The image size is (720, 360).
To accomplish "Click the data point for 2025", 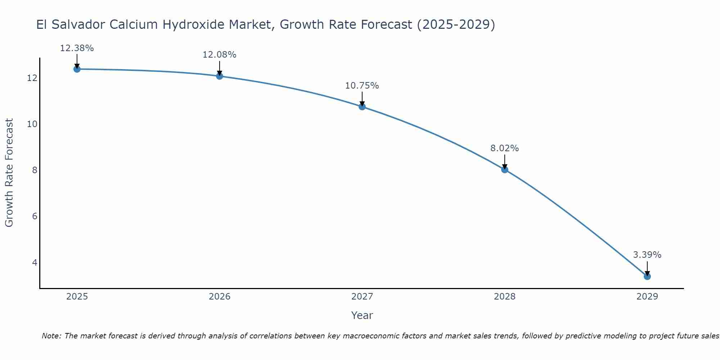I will pyautogui.click(x=77, y=69).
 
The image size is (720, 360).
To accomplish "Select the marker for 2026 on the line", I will pyautogui.click(x=220, y=76).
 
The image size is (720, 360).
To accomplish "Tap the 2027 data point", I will pyautogui.click(x=362, y=107).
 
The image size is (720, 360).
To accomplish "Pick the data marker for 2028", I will pyautogui.click(x=505, y=170).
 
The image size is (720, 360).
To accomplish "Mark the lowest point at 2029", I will pyautogui.click(x=647, y=276).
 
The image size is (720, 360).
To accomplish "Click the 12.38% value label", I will pyautogui.click(x=77, y=48).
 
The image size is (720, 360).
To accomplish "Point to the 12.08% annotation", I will pyautogui.click(x=219, y=55).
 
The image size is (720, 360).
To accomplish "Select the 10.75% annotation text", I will pyautogui.click(x=362, y=86).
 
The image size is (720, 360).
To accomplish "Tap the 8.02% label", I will pyautogui.click(x=504, y=148).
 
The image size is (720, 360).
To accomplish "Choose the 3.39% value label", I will pyautogui.click(x=647, y=255).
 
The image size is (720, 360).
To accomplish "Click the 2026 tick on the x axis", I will pyautogui.click(x=220, y=297).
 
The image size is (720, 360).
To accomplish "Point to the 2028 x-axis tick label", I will pyautogui.click(x=505, y=297).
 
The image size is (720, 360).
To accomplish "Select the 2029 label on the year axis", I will pyautogui.click(x=647, y=297).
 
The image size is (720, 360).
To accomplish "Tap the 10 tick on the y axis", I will pyautogui.click(x=32, y=124).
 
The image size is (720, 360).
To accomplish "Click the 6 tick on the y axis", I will pyautogui.click(x=35, y=216).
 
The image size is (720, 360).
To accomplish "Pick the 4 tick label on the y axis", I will pyautogui.click(x=35, y=262).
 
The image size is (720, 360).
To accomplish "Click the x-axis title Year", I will pyautogui.click(x=362, y=315).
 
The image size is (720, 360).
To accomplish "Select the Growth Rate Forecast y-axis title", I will pyautogui.click(x=9, y=173).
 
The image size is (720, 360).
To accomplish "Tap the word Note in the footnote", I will pyautogui.click(x=51, y=336).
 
